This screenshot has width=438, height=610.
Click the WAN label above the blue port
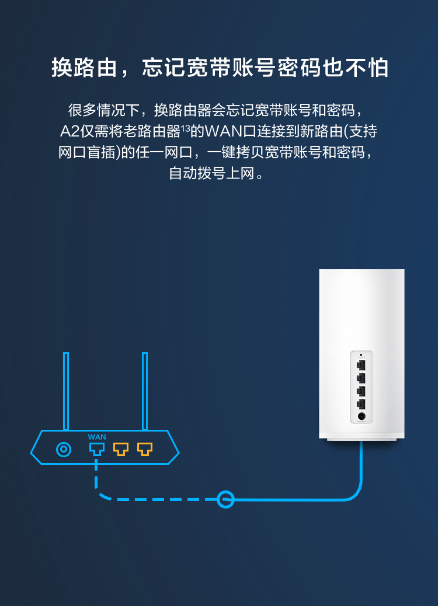pos(97,437)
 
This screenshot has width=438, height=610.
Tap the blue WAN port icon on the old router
pos(96,449)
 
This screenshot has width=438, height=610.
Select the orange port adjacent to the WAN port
pos(121,449)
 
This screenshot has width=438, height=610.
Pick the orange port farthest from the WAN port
pos(145,449)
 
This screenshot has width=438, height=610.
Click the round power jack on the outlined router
pos(64,450)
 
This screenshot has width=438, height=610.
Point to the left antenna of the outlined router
pos(66,391)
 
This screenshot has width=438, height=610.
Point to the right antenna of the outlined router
pos(145,391)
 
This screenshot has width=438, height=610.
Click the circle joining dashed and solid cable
pos(225,499)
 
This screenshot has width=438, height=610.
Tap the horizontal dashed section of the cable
pos(160,499)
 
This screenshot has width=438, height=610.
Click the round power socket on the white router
pos(361,416)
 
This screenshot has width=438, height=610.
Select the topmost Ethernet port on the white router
pos(361,365)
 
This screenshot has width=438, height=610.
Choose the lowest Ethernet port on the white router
pos(361,404)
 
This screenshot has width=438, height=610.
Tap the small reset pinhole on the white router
pos(361,355)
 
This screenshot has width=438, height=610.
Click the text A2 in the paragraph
pos(69,131)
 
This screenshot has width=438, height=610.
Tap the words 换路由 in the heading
pos(85,68)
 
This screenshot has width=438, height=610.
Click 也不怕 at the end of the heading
pos(356,68)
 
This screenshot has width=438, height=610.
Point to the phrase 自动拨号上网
pos(211,173)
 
